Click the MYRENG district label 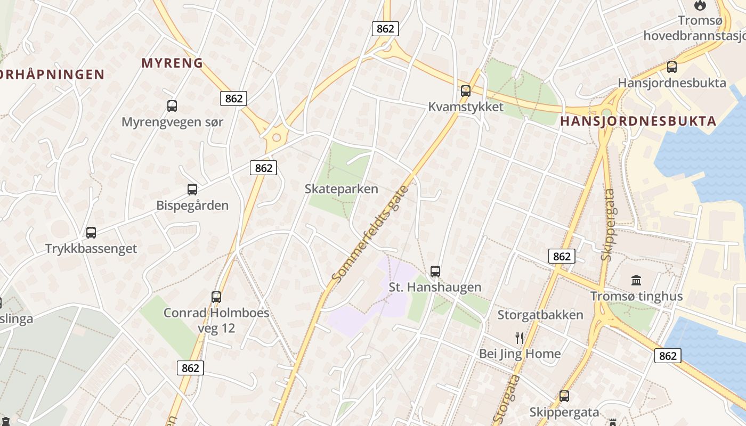click(172, 63)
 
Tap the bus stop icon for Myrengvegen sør click(172, 105)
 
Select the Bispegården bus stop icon click(192, 189)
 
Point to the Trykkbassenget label click(91, 249)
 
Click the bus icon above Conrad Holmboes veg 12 click(216, 297)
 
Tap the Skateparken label click(342, 189)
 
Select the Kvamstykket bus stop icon click(466, 91)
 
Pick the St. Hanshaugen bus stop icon click(435, 271)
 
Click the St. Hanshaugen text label click(435, 288)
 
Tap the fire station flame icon click(700, 5)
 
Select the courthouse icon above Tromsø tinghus click(636, 280)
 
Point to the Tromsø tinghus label click(636, 297)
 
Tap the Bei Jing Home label click(520, 354)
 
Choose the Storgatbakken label click(540, 315)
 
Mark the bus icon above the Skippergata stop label click(564, 396)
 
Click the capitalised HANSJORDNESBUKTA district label click(638, 121)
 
